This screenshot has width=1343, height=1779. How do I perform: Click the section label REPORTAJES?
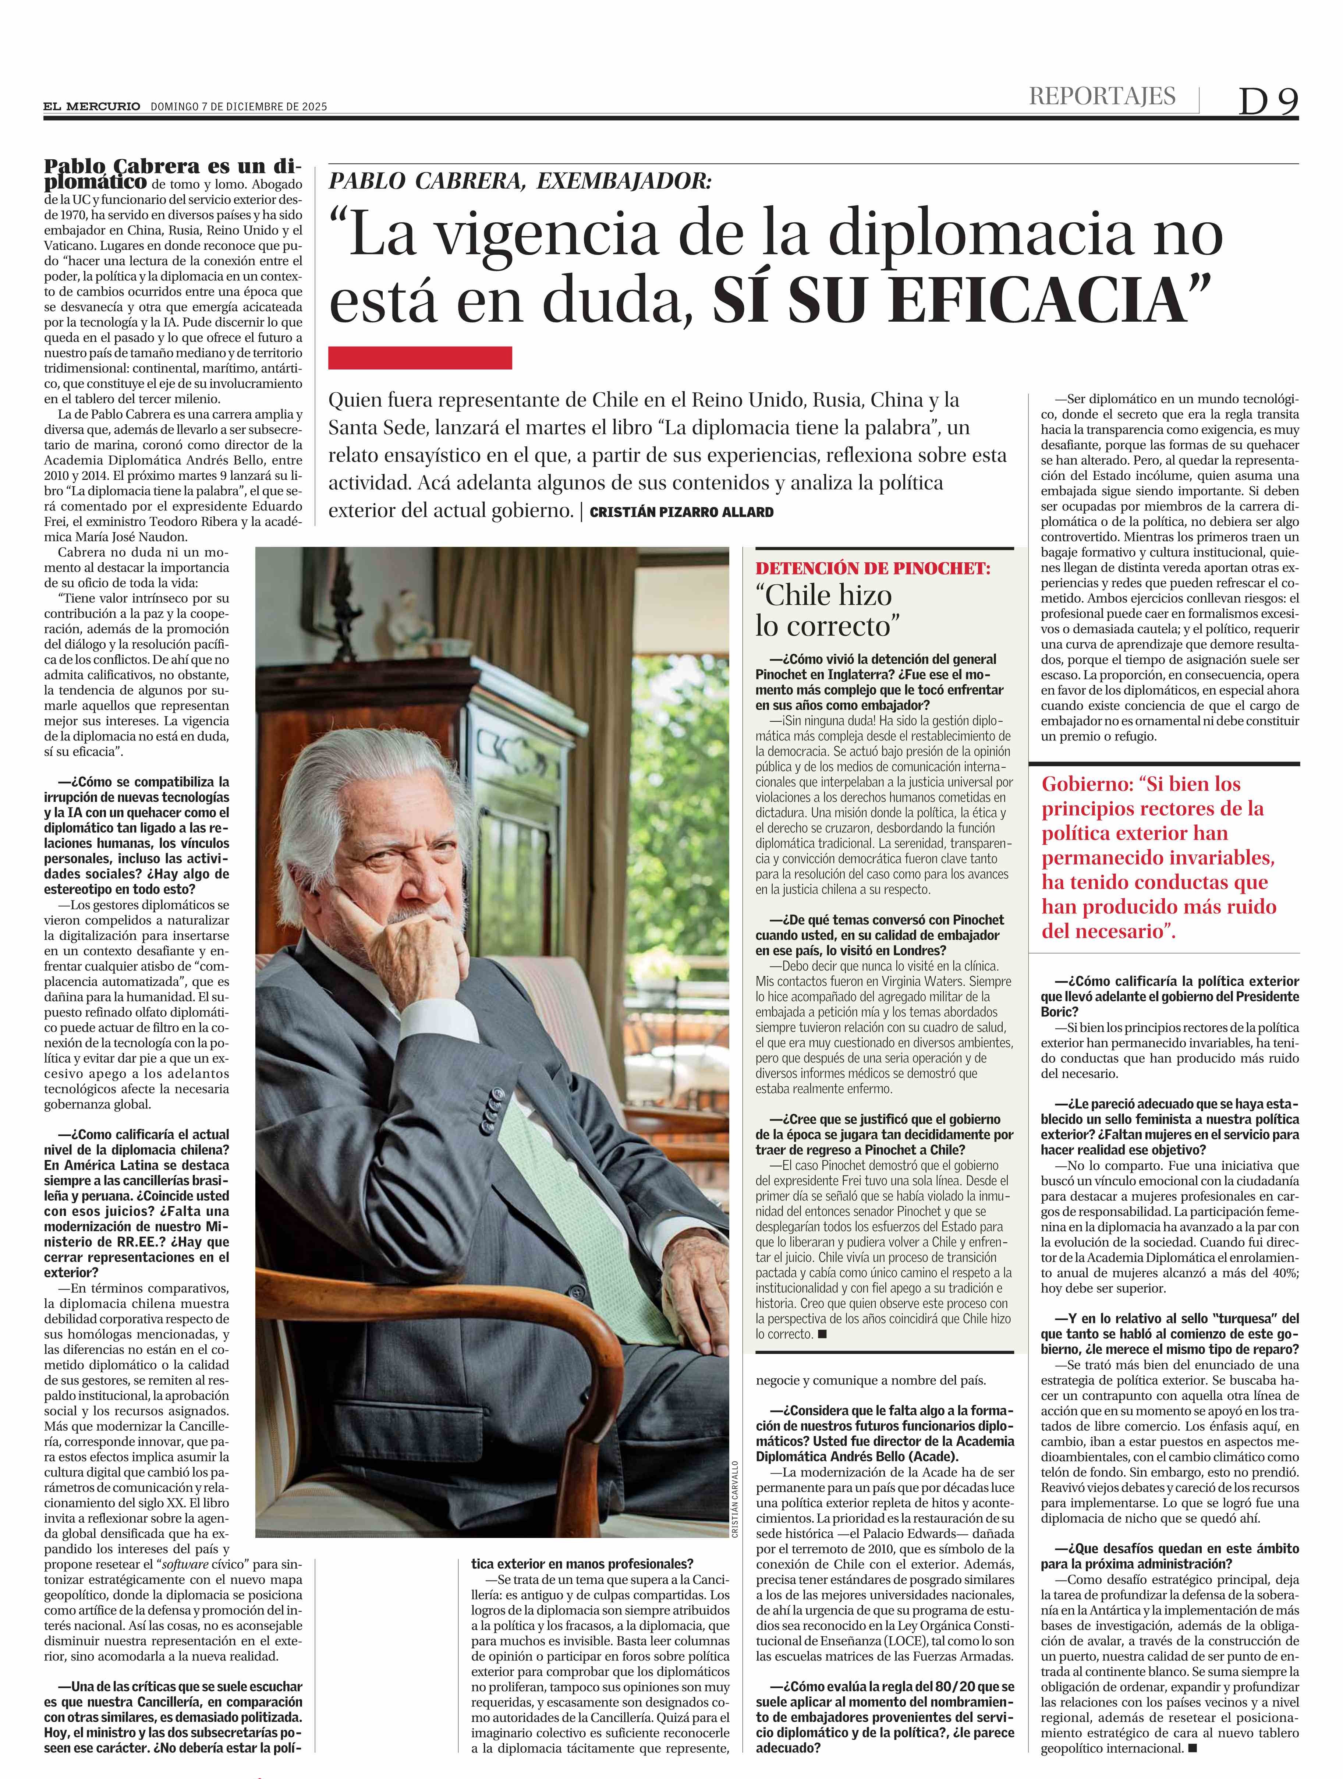click(1102, 96)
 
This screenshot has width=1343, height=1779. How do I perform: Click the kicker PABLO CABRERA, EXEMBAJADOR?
click(520, 181)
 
